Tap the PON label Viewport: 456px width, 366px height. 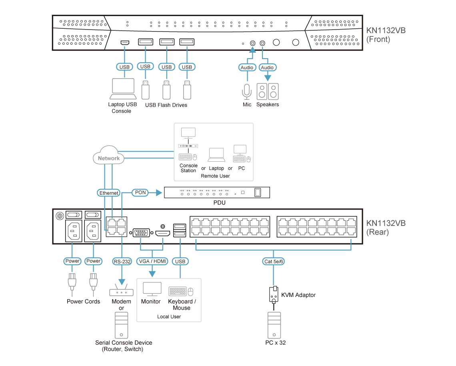pos(140,192)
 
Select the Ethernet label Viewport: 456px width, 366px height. pos(108,193)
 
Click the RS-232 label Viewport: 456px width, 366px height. pos(122,261)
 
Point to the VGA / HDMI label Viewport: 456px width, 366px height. pos(152,261)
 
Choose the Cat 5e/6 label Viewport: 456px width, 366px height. pos(273,261)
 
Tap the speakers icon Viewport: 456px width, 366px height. pos(268,91)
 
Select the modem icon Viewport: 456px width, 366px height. pos(121,290)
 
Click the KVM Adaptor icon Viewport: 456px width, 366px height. pos(273,295)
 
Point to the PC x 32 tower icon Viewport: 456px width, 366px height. pos(274,325)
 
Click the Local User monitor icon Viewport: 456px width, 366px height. pos(152,289)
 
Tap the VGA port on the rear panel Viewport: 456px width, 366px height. pos(141,232)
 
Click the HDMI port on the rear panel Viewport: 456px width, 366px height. pos(163,233)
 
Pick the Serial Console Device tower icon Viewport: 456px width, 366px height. pos(121,325)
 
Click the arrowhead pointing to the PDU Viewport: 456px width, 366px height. pos(158,192)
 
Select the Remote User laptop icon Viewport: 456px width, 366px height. pos(217,155)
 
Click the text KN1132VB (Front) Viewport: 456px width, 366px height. pos(386,35)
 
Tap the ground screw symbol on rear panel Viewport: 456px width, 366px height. pos(60,216)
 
